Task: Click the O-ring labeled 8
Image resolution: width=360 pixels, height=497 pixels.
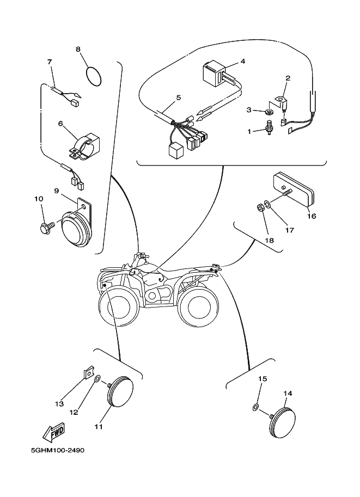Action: tap(95, 76)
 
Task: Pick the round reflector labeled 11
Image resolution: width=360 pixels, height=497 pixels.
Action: tap(123, 390)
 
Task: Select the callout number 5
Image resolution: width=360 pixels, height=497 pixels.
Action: tap(178, 98)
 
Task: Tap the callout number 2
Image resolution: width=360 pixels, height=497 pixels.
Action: tap(288, 78)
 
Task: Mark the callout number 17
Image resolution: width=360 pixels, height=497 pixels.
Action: tap(289, 230)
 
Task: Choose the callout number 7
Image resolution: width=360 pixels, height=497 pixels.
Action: tap(50, 62)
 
